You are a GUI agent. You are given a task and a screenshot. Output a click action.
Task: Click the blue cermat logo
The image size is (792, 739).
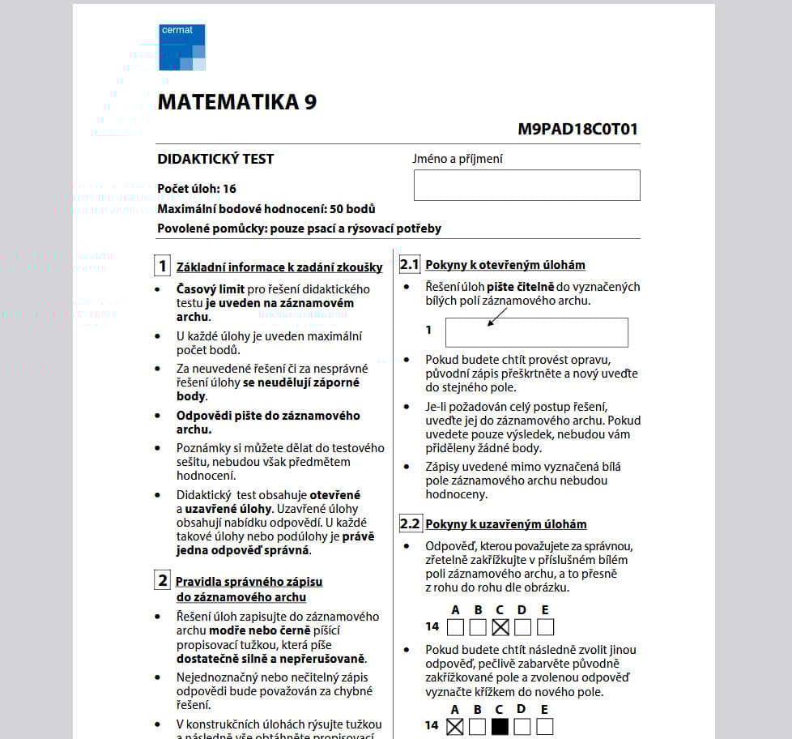tap(181, 47)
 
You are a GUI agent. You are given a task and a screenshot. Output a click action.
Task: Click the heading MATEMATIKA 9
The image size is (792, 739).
tap(237, 102)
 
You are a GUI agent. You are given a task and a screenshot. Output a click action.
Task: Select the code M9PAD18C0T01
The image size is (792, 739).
tap(578, 129)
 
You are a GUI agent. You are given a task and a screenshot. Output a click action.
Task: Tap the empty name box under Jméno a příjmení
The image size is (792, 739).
tap(526, 185)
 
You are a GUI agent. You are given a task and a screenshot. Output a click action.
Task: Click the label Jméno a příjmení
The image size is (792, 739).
tap(458, 159)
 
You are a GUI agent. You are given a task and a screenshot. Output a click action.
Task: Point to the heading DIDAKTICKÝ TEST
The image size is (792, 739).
tap(215, 159)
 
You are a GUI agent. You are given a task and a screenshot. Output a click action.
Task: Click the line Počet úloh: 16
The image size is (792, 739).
tap(197, 189)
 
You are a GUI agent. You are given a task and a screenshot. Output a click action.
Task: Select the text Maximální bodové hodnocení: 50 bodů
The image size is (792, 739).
tap(266, 208)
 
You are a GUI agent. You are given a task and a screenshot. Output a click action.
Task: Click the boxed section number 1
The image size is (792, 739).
tap(163, 267)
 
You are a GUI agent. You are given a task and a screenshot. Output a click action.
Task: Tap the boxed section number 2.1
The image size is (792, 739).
tap(410, 265)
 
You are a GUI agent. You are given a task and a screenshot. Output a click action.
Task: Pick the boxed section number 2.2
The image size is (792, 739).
tap(410, 523)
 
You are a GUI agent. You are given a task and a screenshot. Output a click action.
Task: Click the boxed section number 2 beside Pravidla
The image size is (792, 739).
tap(163, 581)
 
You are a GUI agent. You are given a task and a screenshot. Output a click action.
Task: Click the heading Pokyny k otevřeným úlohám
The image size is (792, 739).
tap(505, 265)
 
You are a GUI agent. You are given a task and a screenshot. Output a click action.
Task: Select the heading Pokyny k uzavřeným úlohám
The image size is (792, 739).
tap(506, 524)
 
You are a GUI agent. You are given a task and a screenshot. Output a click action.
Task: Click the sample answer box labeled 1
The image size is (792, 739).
tap(536, 332)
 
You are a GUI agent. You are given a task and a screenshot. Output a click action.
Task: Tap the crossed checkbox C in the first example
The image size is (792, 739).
tap(500, 626)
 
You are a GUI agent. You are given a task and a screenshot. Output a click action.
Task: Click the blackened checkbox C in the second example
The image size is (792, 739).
tap(500, 726)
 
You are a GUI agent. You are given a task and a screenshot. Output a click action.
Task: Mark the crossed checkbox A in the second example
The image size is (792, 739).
tap(455, 726)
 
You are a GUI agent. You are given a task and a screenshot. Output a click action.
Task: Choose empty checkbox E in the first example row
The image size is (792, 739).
tap(545, 626)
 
